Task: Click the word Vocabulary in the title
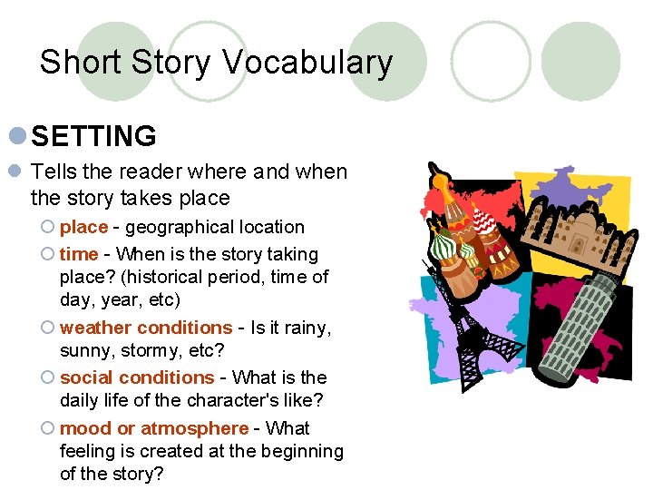tap(307, 63)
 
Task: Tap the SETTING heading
tap(93, 137)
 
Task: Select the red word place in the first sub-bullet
tap(83, 227)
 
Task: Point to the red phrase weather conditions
tap(146, 328)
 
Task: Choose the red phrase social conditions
tap(137, 377)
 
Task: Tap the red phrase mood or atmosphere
tap(153, 428)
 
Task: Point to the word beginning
tap(304, 451)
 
